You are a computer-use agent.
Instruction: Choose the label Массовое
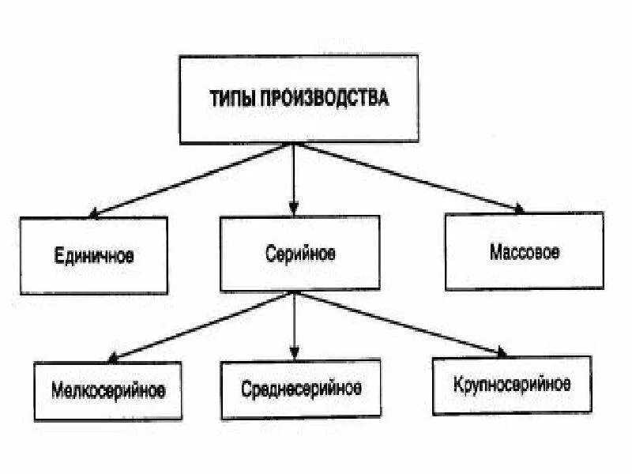click(525, 252)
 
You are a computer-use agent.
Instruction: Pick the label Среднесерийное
click(303, 389)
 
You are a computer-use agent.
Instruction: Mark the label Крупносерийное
click(512, 385)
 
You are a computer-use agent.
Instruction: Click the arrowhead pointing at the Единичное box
click(93, 213)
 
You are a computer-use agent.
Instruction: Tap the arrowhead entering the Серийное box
click(294, 211)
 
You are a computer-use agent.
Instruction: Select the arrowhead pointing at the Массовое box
click(518, 209)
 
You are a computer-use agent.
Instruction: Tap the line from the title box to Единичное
click(194, 179)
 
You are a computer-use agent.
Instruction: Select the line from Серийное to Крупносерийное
click(399, 322)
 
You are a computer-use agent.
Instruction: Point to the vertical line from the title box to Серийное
click(294, 178)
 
